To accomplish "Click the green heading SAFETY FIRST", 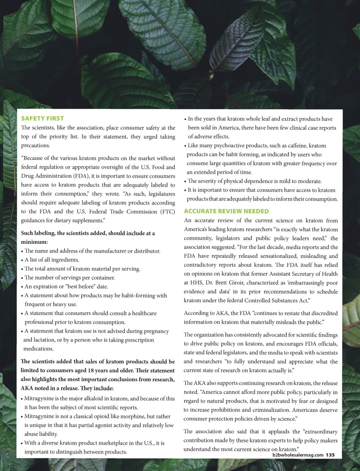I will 42,119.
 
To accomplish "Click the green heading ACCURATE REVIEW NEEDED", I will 226,211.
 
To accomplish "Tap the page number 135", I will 330,455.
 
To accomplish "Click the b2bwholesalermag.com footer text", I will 298,455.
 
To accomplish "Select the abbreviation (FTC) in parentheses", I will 168,212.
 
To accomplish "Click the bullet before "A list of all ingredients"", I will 22,260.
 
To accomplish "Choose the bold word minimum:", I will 34,242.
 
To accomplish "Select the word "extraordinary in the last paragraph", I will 320,431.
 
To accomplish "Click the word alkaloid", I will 92,398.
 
